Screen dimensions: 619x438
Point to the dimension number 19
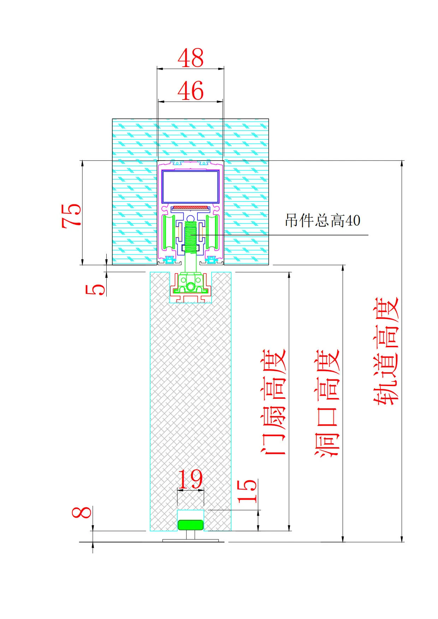pos(190,479)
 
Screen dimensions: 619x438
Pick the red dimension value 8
pos(82,512)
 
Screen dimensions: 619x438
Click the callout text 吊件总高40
pos(322,221)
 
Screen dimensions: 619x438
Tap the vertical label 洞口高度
pos(327,402)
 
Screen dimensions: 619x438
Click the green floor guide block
pos(190,525)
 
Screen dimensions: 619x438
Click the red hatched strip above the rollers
pos(190,208)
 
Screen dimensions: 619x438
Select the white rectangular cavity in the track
pos(190,187)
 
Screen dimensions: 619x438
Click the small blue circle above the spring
pos(190,218)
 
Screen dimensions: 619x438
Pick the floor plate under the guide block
pos(190,540)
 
